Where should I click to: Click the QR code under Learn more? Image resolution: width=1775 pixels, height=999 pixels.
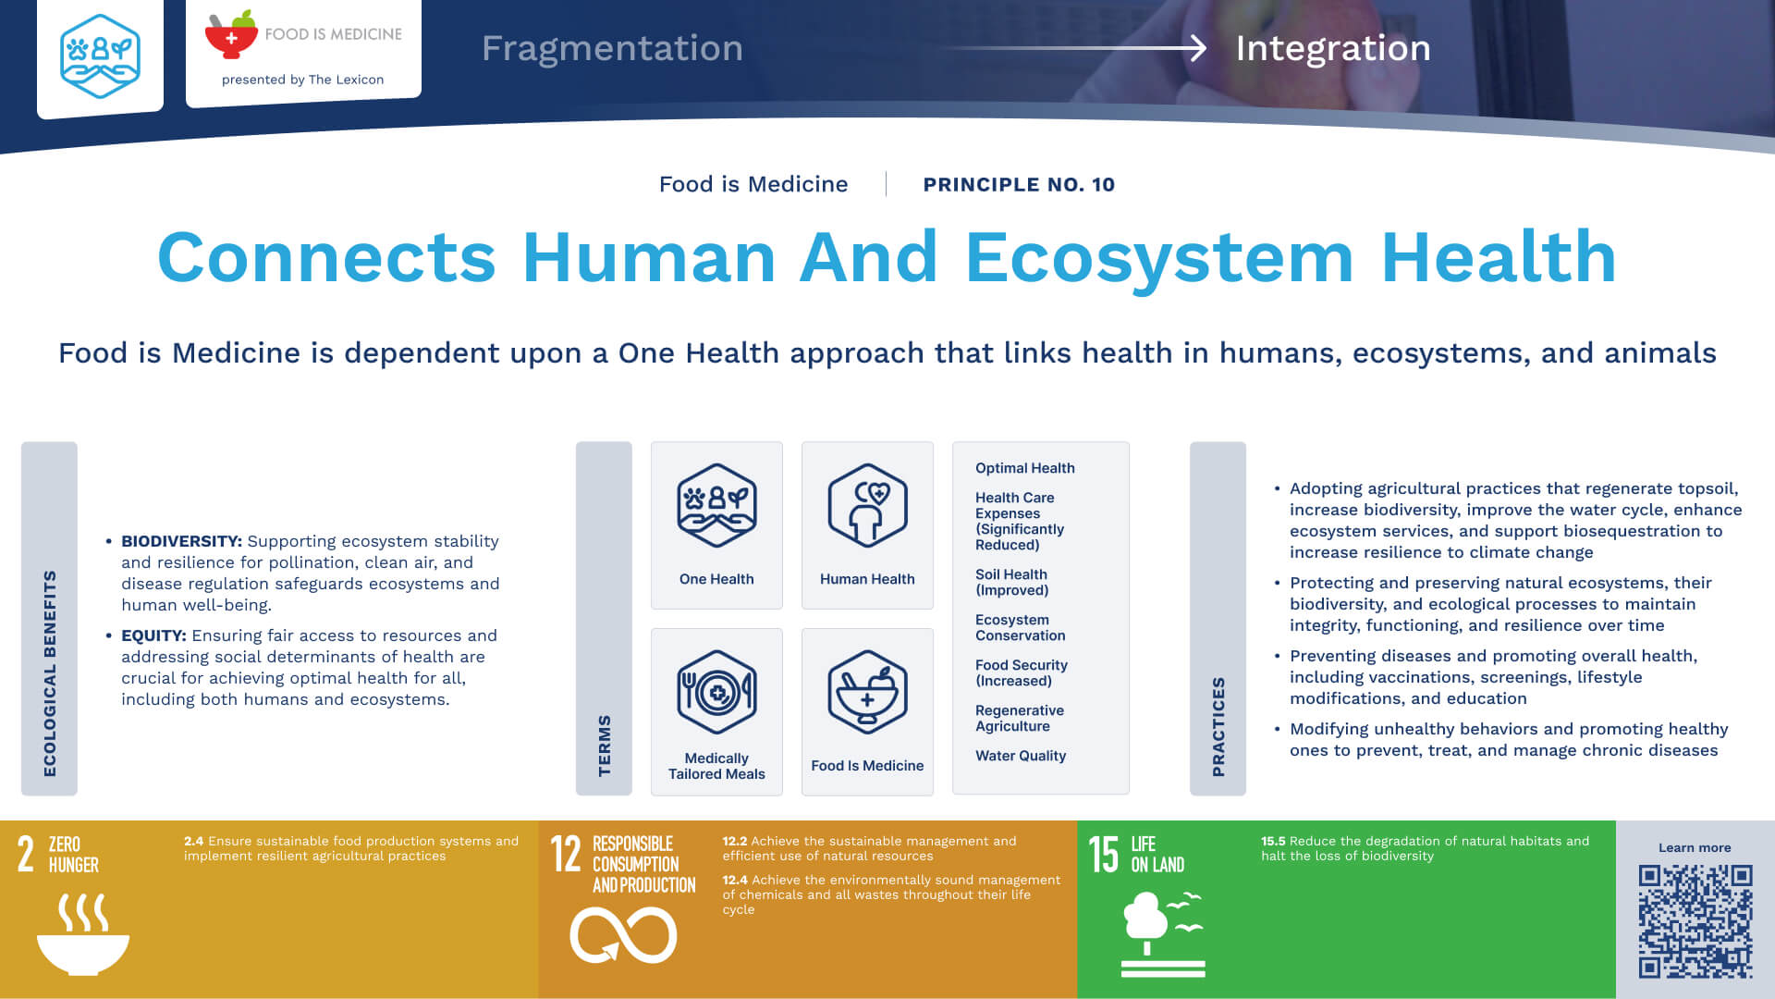1695,921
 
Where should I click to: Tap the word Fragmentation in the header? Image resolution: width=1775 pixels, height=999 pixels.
612,48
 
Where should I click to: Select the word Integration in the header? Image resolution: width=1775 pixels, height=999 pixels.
1333,48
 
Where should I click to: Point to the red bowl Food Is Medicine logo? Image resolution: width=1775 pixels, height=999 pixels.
231,34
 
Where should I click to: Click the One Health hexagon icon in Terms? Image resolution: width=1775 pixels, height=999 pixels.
716,506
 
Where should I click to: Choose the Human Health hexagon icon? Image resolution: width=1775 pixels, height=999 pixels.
867,506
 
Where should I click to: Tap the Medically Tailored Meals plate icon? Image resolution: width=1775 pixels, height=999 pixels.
716,693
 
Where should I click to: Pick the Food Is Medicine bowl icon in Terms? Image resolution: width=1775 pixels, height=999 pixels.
867,693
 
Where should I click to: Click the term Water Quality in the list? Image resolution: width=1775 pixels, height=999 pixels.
1021,756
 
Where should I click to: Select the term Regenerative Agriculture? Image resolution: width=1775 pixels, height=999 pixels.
1020,718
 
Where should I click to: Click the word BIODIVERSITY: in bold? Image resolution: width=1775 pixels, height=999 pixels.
181,541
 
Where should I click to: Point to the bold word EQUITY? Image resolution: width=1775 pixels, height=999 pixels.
153,635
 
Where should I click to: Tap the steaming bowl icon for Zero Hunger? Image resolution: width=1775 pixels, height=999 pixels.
83,934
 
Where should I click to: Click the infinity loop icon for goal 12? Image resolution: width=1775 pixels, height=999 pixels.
623,935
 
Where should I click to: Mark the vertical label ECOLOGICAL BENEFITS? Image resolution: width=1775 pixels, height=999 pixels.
50,673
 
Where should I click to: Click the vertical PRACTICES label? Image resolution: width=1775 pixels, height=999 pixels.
1218,727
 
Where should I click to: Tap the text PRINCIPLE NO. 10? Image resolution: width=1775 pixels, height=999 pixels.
1019,184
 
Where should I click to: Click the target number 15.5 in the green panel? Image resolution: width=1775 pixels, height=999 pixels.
1273,841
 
